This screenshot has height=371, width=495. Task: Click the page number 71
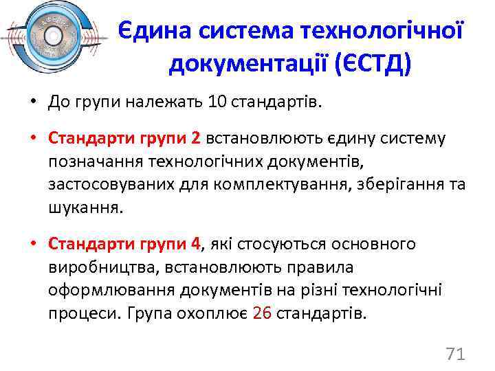coord(456,354)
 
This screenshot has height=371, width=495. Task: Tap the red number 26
coord(263,313)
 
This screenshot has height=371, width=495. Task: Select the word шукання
coord(85,207)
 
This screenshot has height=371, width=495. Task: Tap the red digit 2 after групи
coord(196,139)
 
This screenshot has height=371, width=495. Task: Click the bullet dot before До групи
coord(34,104)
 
